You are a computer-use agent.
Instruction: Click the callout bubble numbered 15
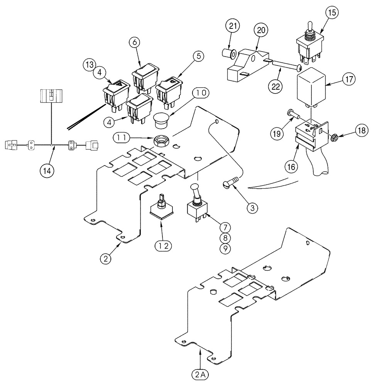[333, 12]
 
